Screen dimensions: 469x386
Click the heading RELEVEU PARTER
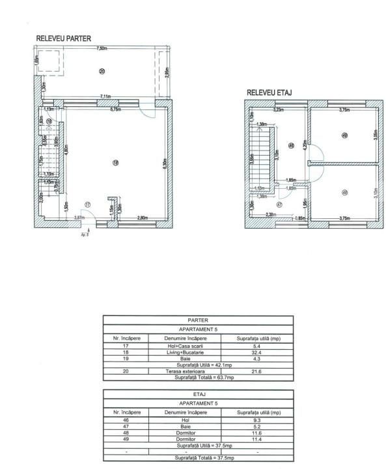tap(62, 39)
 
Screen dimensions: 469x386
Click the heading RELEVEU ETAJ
tap(269, 93)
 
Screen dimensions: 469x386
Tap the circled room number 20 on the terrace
tap(101, 70)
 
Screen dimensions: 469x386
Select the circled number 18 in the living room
tap(115, 163)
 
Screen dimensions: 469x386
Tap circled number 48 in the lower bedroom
tap(344, 192)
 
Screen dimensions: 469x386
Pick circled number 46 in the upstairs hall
tap(291, 145)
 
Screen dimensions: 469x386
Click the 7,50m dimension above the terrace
tap(102, 49)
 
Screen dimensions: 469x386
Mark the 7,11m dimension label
tap(105, 96)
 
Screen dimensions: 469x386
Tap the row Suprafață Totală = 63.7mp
tap(198, 377)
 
